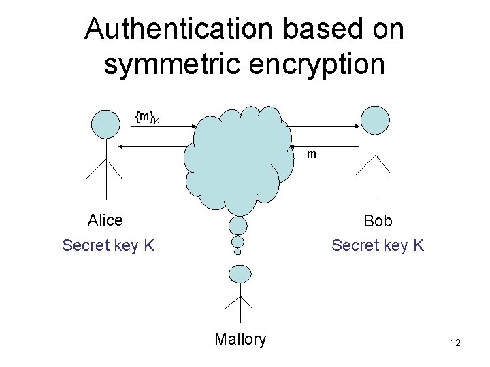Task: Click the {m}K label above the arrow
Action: [147, 118]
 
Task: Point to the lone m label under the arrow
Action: [311, 154]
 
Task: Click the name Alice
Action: [105, 220]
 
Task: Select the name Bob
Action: [378, 221]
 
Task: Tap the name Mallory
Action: [240, 339]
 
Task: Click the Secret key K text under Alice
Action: [108, 245]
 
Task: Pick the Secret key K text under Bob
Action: [378, 245]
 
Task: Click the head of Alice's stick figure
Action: [105, 124]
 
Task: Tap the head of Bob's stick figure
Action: [375, 119]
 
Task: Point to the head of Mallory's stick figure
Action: [239, 273]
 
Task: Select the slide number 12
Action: [455, 343]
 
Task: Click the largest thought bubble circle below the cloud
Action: [238, 225]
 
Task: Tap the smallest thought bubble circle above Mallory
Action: [238, 251]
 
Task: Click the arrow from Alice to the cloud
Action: [162, 124]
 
